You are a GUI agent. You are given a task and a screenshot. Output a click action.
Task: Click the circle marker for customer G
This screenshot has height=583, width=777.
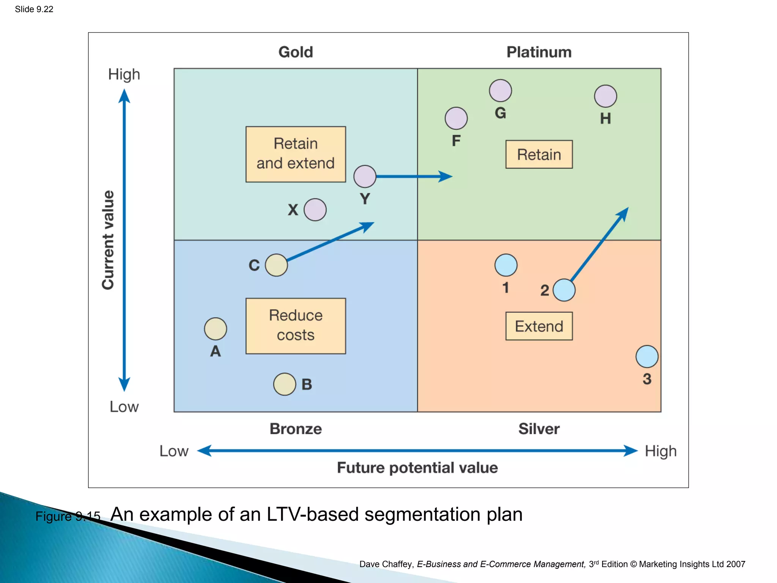500,91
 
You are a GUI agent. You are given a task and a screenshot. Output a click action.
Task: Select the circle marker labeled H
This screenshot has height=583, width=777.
605,96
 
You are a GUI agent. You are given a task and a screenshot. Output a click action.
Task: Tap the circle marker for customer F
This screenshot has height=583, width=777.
456,118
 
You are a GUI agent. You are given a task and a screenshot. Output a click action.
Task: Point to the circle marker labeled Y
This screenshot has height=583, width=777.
365,176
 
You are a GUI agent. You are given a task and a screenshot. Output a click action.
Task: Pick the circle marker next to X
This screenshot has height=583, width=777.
315,210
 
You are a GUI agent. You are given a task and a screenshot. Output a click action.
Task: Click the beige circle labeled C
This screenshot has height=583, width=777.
276,265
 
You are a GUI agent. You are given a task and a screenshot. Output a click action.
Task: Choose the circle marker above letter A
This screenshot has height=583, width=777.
215,329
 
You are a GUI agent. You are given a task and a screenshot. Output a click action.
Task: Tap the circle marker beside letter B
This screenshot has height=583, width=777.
285,384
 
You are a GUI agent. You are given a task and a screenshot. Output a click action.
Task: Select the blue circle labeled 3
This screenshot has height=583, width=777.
646,356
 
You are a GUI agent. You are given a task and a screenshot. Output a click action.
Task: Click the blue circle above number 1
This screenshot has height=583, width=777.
506,265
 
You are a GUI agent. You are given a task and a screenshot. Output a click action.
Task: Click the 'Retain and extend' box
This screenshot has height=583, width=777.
296,154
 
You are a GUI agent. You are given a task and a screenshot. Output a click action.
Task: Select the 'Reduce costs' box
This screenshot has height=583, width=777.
296,326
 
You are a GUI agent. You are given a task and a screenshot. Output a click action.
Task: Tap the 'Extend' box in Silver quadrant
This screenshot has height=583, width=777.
539,326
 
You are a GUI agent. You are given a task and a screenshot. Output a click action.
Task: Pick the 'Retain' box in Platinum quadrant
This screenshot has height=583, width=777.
539,154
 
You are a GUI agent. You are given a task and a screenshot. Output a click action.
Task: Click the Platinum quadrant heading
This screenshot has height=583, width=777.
539,52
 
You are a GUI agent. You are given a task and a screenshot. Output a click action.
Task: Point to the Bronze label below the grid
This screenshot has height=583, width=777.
296,429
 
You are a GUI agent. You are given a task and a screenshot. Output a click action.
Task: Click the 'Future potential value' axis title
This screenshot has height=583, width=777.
417,468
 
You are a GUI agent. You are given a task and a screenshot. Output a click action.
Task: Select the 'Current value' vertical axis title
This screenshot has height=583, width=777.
108,240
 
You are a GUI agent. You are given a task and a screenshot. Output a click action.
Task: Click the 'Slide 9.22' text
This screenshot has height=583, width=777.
34,9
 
